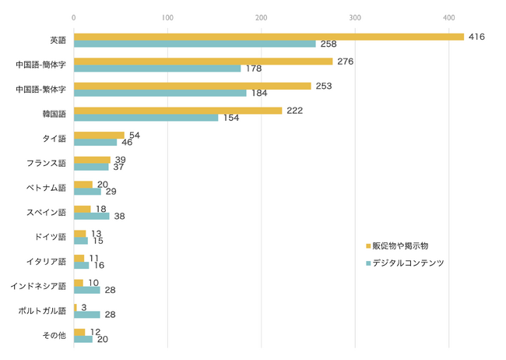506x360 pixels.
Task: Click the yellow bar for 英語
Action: (269, 37)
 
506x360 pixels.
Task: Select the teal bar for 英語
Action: (195, 44)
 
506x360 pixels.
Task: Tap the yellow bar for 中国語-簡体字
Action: (202, 61)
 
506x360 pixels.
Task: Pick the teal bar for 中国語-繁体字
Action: (160, 94)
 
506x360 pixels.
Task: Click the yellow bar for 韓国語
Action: (177, 111)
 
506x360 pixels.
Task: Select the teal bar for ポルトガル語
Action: (86, 315)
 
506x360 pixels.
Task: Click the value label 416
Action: (476, 36)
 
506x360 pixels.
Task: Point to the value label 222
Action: (294, 111)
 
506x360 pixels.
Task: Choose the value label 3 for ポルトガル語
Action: (83, 308)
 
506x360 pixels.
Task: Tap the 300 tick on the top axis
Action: (355, 17)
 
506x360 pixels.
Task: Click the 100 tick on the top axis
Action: (167, 17)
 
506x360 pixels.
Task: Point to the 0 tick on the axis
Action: (73, 17)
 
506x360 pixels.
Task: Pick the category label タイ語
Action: (54, 139)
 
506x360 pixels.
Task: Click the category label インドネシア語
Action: (38, 286)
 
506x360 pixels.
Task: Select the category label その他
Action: (54, 335)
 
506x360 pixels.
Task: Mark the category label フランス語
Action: (46, 163)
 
